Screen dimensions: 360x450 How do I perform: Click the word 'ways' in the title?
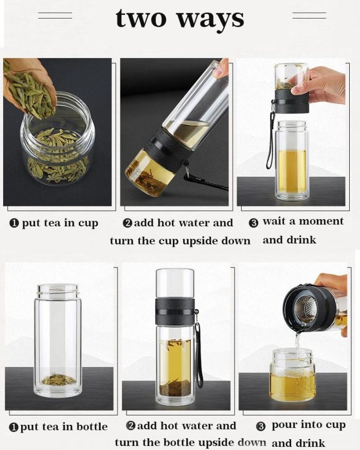click(x=210, y=20)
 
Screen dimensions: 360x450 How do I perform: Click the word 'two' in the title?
click(x=141, y=19)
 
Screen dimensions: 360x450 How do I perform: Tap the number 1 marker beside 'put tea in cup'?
click(x=14, y=223)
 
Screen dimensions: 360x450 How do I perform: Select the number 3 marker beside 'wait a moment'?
click(x=253, y=223)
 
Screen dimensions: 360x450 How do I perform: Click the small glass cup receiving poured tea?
click(x=292, y=374)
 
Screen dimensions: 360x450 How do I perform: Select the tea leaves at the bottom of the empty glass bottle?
click(x=58, y=380)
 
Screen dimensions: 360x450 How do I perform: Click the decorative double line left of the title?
click(x=55, y=16)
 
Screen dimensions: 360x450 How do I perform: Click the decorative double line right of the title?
click(x=309, y=15)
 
